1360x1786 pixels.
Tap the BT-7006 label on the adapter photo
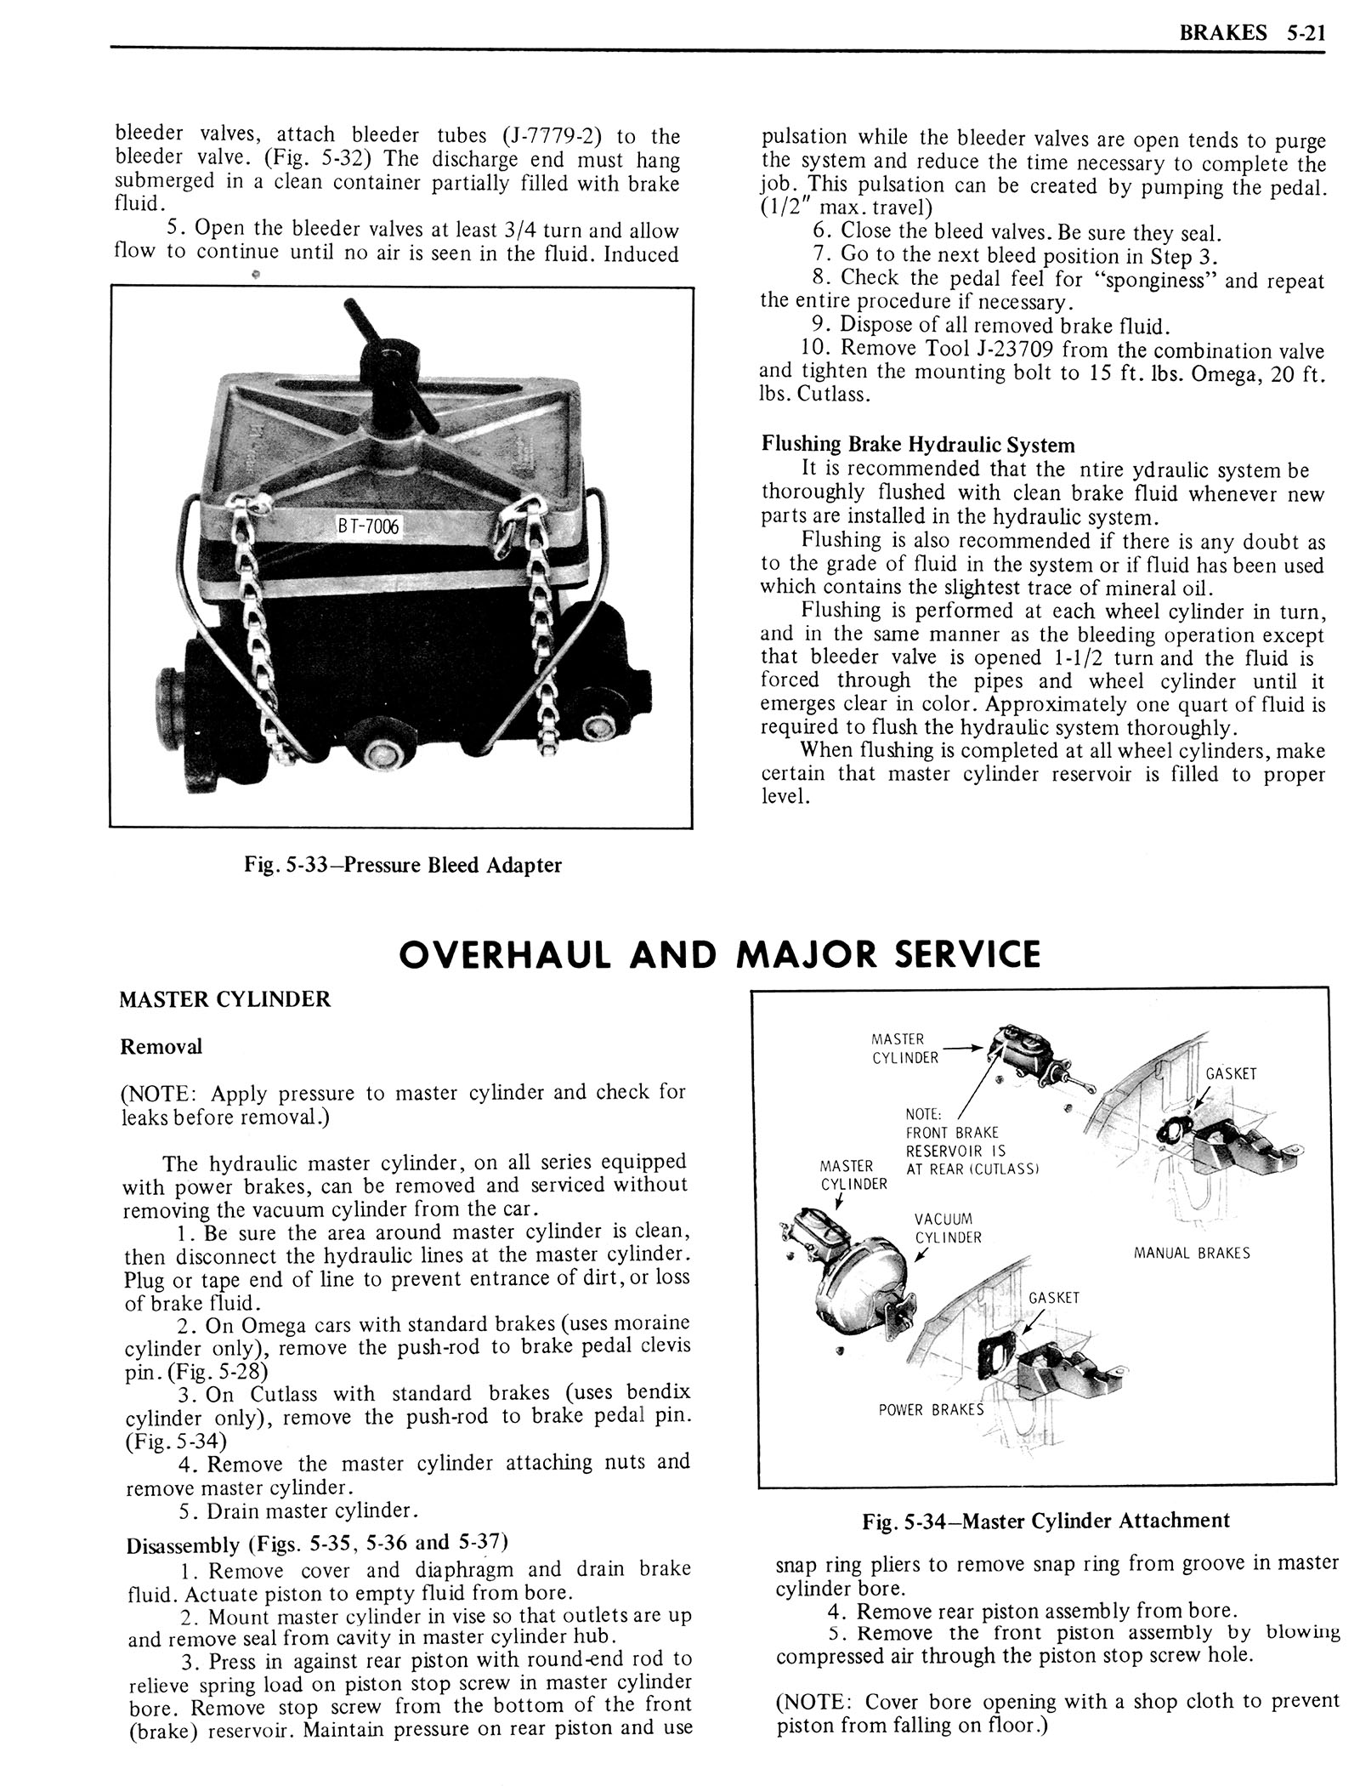(x=367, y=527)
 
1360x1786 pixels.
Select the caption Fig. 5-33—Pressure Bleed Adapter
(x=402, y=865)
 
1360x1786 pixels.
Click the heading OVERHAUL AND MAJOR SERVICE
(x=719, y=954)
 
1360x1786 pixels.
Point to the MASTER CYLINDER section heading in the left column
(x=225, y=999)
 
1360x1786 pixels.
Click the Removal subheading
(x=161, y=1046)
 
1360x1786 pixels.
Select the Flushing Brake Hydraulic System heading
(x=918, y=445)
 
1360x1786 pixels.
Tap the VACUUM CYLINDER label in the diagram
(x=948, y=1228)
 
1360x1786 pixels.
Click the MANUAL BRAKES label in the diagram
(x=1192, y=1253)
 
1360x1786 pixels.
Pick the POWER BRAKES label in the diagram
(x=931, y=1409)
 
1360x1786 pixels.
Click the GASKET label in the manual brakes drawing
(x=1231, y=1073)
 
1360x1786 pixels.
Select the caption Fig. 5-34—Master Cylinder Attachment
(x=1045, y=1520)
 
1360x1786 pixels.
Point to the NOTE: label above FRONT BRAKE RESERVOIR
(x=923, y=1114)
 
